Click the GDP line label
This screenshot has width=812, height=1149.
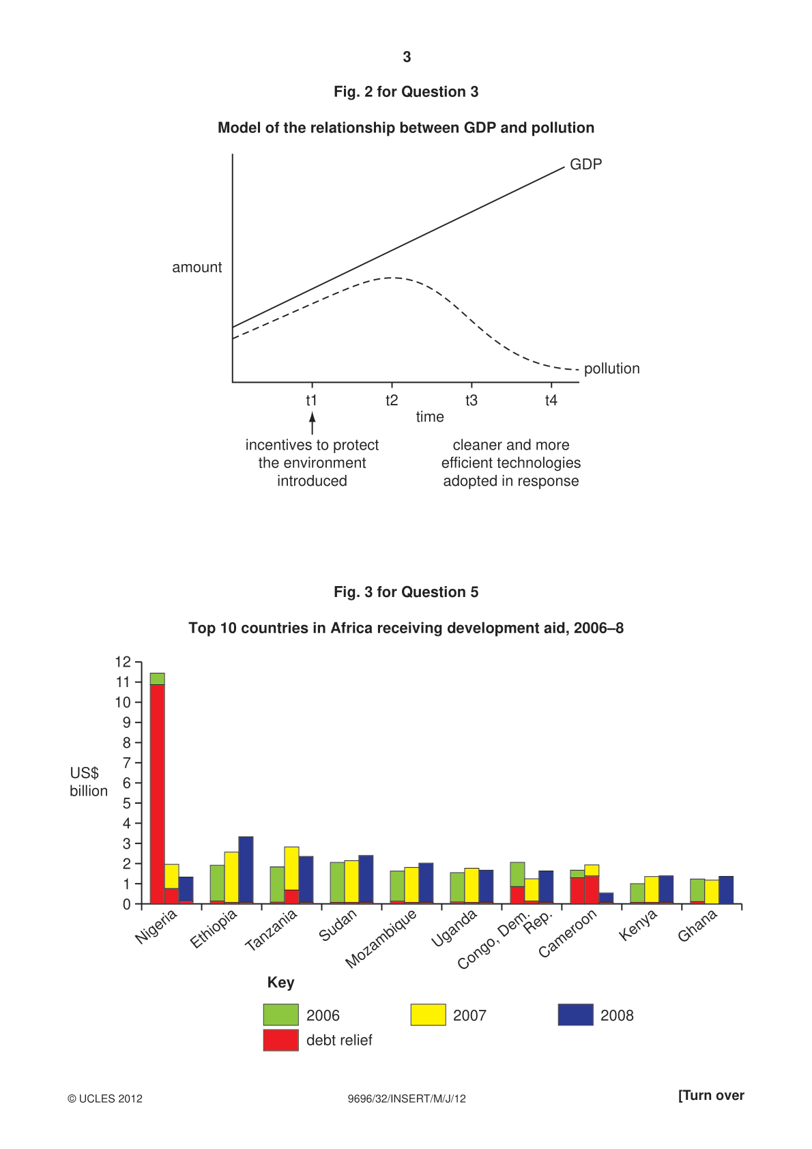click(585, 164)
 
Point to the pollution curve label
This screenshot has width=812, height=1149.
click(611, 369)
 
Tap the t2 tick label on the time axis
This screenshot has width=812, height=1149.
click(392, 400)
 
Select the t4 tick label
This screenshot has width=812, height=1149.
click(551, 400)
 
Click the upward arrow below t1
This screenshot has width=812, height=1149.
click(312, 423)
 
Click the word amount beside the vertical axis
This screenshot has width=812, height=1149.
click(197, 267)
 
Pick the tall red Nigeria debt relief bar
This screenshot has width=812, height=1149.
click(158, 794)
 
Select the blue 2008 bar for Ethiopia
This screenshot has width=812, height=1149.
click(246, 871)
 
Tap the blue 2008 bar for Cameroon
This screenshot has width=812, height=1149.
click(606, 898)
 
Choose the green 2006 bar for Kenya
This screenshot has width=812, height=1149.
click(637, 893)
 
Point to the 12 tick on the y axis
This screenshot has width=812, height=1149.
click(123, 662)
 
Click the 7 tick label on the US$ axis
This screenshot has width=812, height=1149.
click(127, 763)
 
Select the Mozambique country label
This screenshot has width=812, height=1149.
click(381, 939)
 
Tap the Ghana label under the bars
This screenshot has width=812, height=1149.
click(697, 926)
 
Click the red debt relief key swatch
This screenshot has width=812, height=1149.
click(280, 1040)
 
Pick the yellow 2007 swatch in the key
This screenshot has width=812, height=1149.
click(428, 1015)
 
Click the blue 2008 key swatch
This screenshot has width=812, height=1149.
click(575, 1015)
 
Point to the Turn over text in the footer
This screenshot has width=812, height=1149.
click(711, 1095)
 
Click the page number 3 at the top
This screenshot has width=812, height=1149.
click(407, 57)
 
